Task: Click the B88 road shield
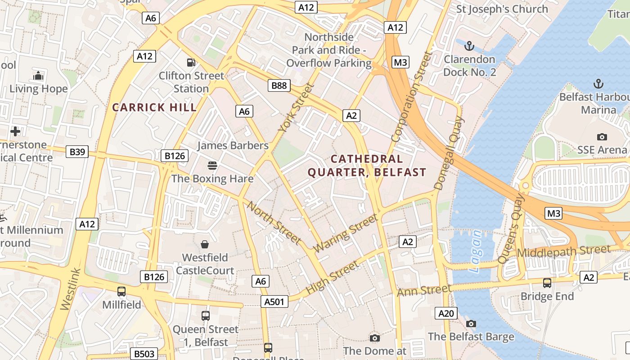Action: pos(279,85)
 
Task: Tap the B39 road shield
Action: pos(77,152)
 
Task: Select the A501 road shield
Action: pos(274,301)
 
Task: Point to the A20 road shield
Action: pos(446,314)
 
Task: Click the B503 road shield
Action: pos(144,354)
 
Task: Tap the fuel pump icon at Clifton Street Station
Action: pos(191,63)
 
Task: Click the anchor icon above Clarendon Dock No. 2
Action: pos(469,46)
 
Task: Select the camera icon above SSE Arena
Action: pos(602,137)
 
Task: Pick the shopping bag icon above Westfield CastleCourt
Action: pos(205,244)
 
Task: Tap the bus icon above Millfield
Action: pos(121,291)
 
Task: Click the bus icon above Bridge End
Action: pos(547,283)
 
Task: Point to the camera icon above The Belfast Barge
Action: pos(471,324)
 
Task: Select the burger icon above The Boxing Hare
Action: pos(212,166)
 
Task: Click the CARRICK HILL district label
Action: pos(154,108)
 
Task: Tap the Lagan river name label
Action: pos(475,252)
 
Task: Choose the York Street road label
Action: pos(296,108)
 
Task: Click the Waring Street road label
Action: pos(345,233)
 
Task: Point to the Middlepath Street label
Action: pos(564,251)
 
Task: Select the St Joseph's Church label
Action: pos(502,9)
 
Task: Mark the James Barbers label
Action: pos(233,145)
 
